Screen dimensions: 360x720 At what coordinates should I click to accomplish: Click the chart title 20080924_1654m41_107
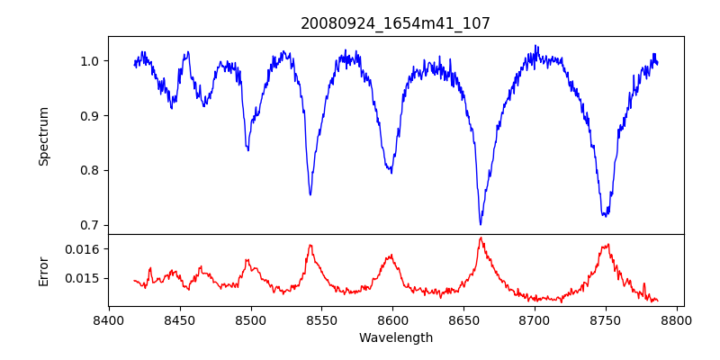395,23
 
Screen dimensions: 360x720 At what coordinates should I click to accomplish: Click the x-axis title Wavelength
395,337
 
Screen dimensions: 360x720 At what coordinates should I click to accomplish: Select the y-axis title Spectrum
43,136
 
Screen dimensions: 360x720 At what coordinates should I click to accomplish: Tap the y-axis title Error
43,270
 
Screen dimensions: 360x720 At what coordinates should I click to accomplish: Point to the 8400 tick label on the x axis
108,319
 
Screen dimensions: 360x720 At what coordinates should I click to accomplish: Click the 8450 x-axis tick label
179,319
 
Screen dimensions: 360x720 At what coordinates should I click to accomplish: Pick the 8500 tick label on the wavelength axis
250,319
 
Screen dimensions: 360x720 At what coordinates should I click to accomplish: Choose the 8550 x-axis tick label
321,319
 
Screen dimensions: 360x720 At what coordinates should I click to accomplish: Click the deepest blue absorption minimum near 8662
481,224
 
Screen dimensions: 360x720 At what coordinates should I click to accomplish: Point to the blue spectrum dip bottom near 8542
310,194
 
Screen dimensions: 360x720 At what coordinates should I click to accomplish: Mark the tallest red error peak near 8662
481,238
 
